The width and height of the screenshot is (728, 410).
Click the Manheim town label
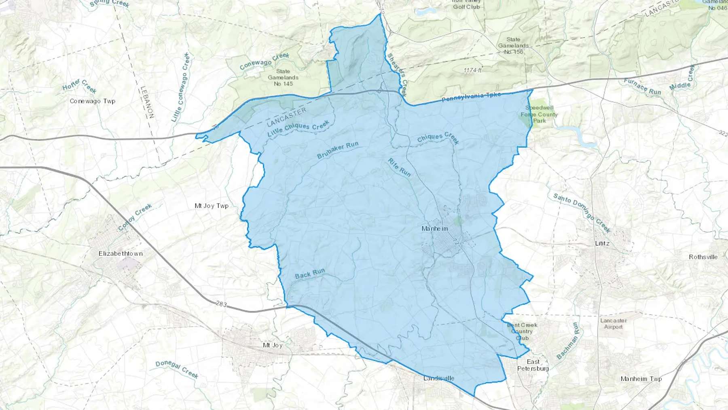(x=435, y=229)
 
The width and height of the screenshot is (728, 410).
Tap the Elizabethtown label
(x=121, y=254)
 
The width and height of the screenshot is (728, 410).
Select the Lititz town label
(x=602, y=243)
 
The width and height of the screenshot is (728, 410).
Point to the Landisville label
(x=439, y=378)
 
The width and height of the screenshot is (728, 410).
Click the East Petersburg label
(x=533, y=365)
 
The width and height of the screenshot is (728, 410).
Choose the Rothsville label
(x=703, y=257)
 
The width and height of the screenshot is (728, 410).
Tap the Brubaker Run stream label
(x=337, y=150)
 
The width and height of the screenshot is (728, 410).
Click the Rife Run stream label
(x=399, y=168)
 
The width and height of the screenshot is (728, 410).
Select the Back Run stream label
(x=310, y=274)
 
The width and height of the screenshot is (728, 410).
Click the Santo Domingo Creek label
(x=582, y=213)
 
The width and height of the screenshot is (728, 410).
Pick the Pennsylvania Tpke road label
(x=471, y=97)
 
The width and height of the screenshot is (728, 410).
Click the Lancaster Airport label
(x=614, y=323)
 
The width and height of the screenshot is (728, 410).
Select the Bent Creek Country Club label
(x=522, y=331)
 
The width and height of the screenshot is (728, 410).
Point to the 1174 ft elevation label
(x=472, y=70)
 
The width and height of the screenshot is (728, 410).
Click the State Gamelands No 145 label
(x=283, y=77)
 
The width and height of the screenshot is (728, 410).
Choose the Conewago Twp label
(x=92, y=101)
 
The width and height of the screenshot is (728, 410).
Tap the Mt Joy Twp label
(x=212, y=206)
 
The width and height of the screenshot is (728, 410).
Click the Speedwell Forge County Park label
(x=539, y=114)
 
